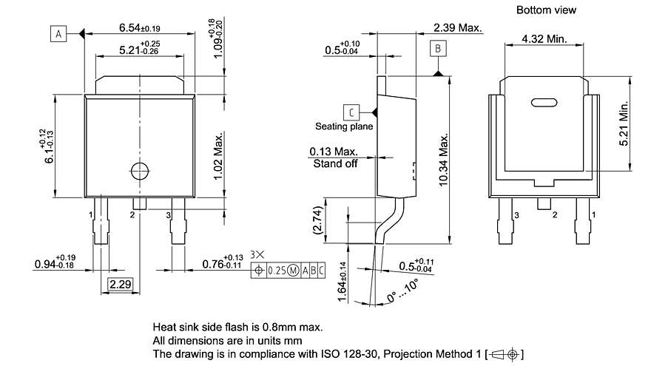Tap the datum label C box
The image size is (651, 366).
coord(353,112)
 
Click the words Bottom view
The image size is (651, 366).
coord(546,10)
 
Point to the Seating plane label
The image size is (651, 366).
coord(344,126)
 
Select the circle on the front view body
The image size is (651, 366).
coord(139,171)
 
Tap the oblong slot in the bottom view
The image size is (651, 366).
coord(544,103)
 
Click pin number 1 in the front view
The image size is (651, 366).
coord(91,214)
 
